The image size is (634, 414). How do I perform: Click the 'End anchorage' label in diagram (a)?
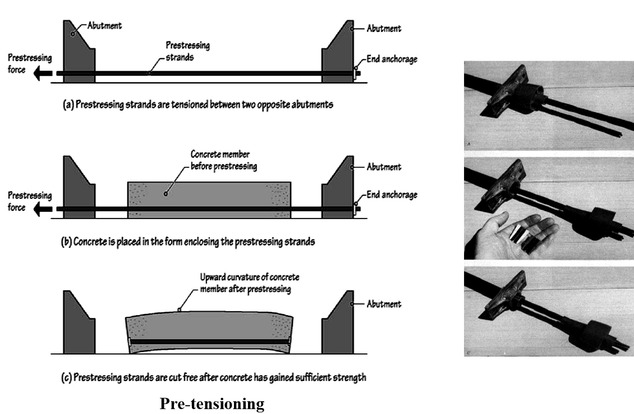pyautogui.click(x=392, y=59)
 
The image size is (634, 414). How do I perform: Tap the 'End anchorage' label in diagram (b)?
pyautogui.click(x=392, y=195)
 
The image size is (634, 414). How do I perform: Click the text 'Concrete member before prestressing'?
pyautogui.click(x=224, y=158)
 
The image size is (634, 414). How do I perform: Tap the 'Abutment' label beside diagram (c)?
pyautogui.click(x=384, y=304)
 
